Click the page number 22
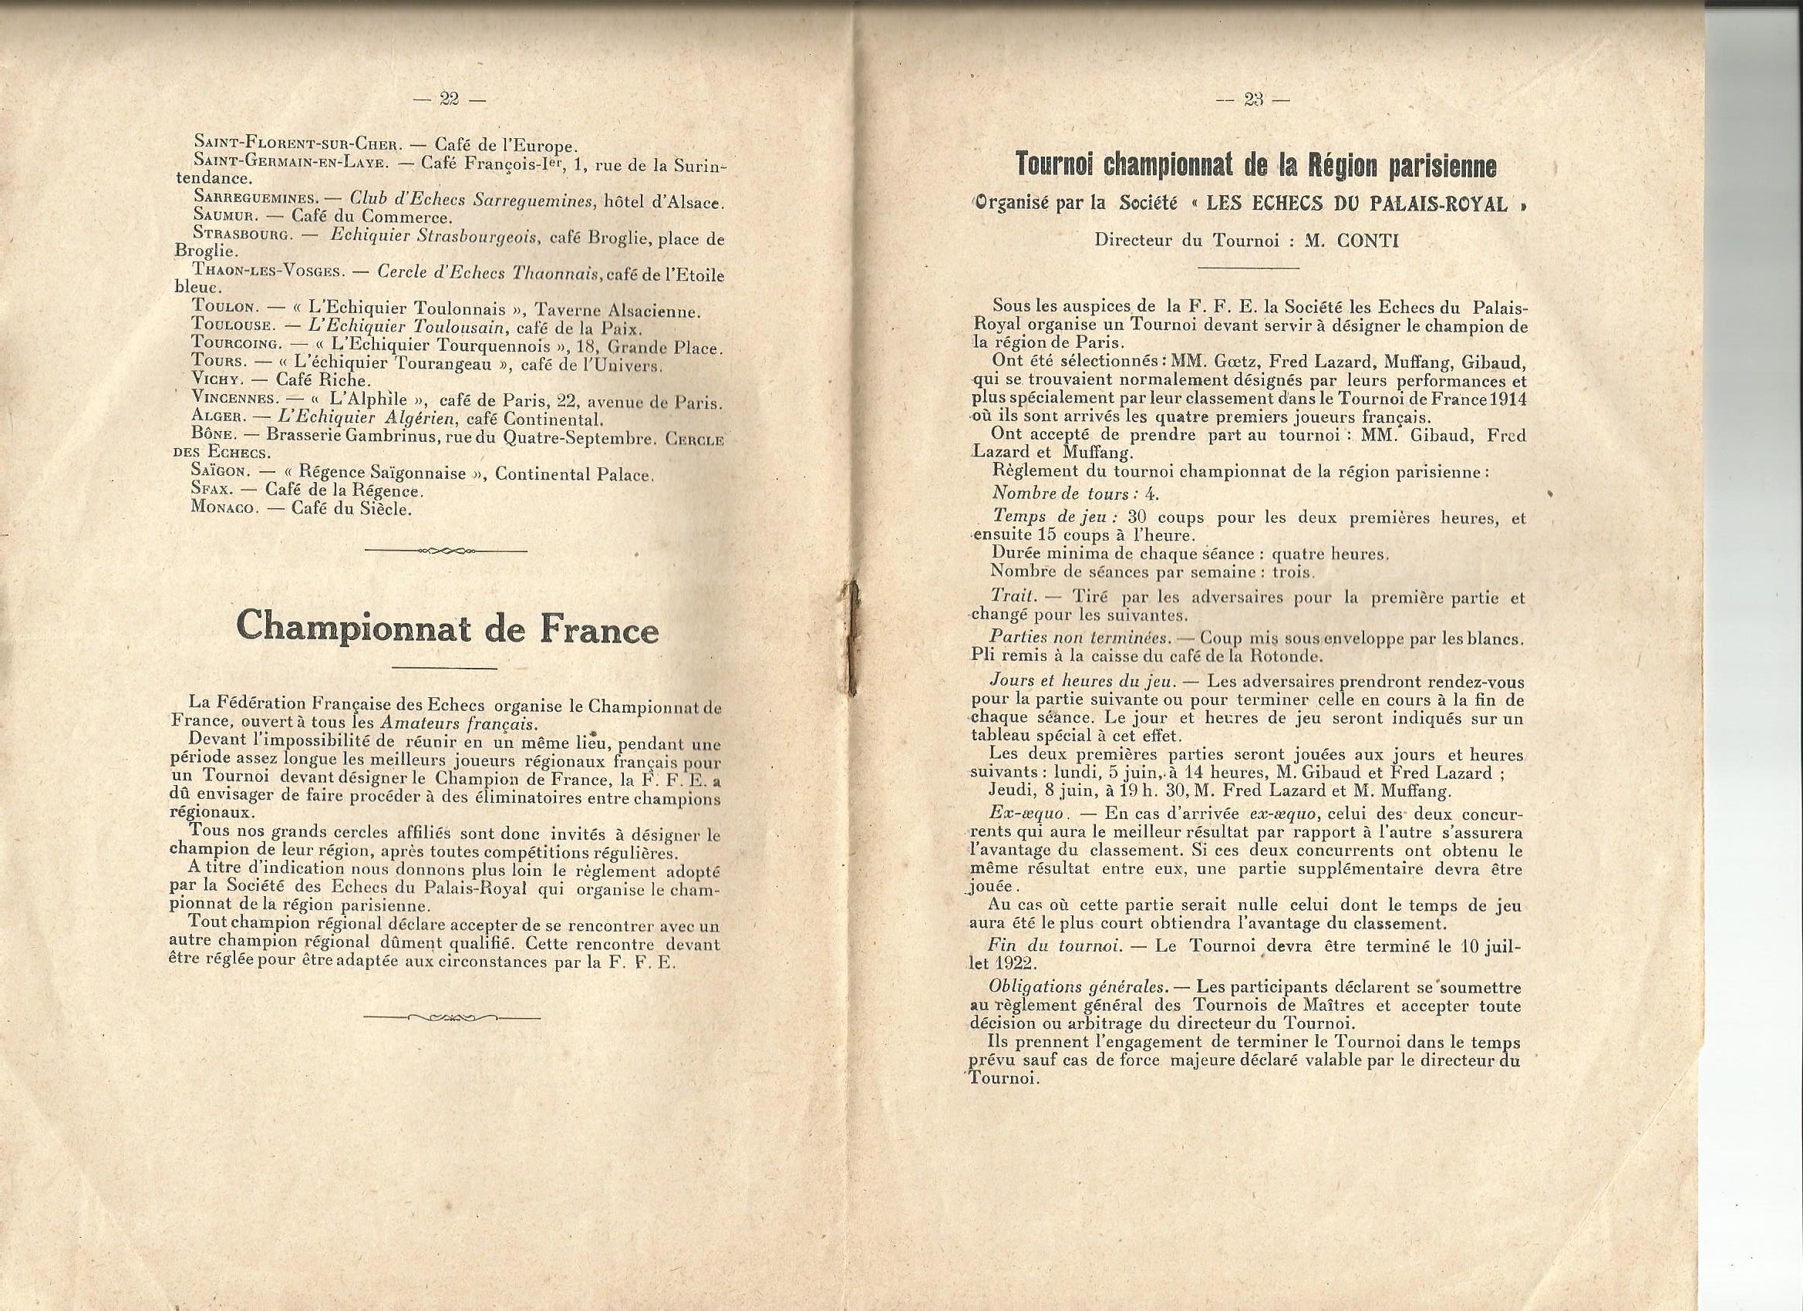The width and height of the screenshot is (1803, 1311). (x=450, y=99)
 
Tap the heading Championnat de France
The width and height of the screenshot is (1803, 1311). (x=447, y=628)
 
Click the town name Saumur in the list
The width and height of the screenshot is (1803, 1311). (x=222, y=216)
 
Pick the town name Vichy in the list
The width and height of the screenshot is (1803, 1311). (x=216, y=380)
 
